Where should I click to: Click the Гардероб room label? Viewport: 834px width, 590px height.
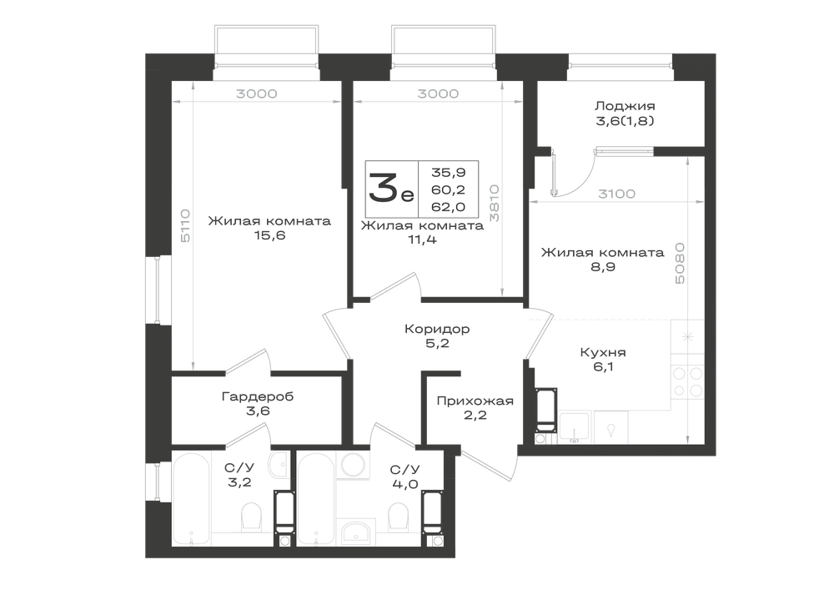[x=258, y=397]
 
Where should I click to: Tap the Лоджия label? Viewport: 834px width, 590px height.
[x=625, y=106]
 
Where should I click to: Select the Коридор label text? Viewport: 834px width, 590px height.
[x=437, y=330]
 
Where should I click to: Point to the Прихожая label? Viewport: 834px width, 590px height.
[x=475, y=401]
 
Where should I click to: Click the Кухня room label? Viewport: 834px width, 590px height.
[x=603, y=352]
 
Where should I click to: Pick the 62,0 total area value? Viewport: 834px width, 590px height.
[x=449, y=206]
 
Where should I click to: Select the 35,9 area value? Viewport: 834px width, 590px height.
[x=449, y=173]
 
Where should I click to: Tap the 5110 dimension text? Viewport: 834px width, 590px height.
[x=185, y=225]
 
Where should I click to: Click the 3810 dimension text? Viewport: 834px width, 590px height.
[x=494, y=203]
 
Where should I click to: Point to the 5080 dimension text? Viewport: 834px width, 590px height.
[x=679, y=264]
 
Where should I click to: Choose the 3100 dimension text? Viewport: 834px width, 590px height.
[x=616, y=194]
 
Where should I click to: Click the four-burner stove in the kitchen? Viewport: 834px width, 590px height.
[x=688, y=382]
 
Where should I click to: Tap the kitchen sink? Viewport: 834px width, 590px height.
[x=610, y=426]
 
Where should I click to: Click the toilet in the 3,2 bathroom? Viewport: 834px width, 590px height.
[x=250, y=517]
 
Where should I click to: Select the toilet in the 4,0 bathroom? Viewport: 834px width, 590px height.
[x=398, y=517]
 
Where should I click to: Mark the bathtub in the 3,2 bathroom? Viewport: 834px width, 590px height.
[x=191, y=498]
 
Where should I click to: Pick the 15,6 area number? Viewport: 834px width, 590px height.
[x=269, y=235]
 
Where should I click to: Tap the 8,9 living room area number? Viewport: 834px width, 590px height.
[x=603, y=267]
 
